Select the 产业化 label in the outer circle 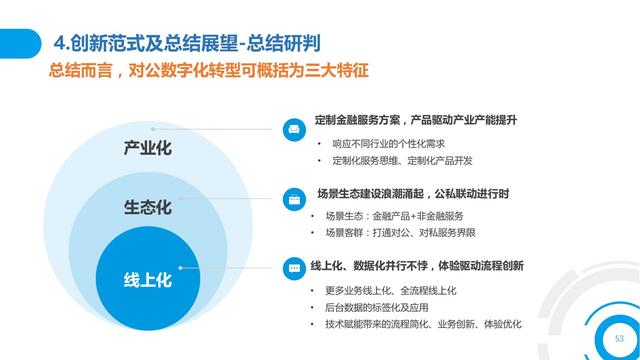click(x=148, y=150)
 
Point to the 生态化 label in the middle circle click(x=148, y=207)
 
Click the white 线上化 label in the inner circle click(x=148, y=280)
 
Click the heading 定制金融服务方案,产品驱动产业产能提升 click(x=415, y=121)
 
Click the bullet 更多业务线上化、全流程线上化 click(x=390, y=290)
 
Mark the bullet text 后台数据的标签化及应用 click(x=378, y=307)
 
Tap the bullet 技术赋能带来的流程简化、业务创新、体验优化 click(x=418, y=324)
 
